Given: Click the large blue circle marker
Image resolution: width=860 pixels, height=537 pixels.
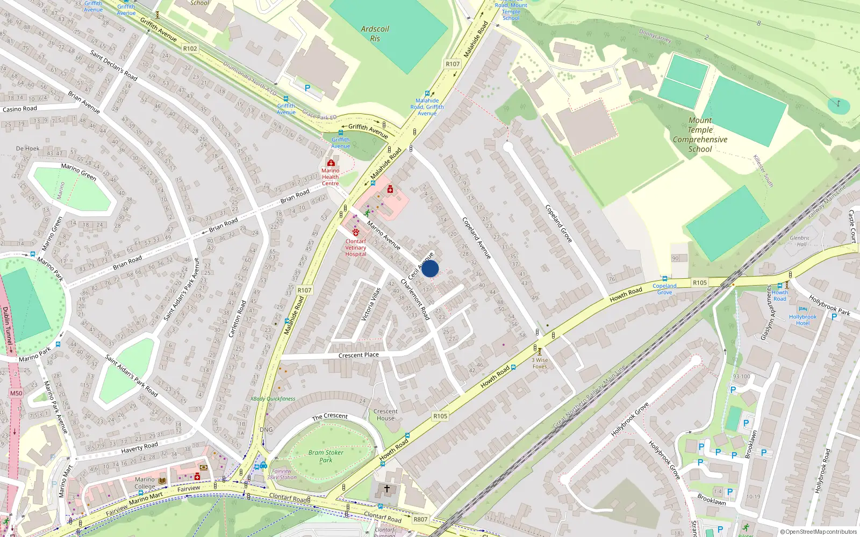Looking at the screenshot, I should pos(430,268).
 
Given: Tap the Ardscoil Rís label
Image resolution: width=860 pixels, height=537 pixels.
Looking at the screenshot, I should pos(375,34).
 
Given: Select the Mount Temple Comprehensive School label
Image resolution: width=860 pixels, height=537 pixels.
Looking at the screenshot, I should pos(700,135).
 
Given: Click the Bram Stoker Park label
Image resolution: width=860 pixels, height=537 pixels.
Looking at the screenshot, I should pos(326,456).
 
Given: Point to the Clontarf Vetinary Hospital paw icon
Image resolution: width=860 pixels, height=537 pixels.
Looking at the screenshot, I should pos(355,233).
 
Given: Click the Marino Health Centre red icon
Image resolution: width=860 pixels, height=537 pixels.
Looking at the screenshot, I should pos(331,163).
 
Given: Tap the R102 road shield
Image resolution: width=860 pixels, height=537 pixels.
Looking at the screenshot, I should pos(190,48).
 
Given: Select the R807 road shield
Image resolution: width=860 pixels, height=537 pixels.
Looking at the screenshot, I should pos(420,519).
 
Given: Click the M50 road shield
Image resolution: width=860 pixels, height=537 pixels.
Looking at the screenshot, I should pos(16,393).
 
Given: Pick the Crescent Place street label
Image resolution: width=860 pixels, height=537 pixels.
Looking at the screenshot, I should pos(359,355).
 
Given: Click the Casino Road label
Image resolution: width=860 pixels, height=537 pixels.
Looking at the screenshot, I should pos(20,109).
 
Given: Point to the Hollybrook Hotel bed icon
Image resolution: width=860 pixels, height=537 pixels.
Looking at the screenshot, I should pos(802,309).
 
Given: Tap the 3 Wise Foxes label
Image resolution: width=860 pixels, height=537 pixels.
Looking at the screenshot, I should pos(540,364).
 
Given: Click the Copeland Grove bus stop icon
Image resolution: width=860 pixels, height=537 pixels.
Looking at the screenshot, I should pos(665,279).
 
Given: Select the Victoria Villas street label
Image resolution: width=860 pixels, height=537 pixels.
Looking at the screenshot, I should pos(371,304).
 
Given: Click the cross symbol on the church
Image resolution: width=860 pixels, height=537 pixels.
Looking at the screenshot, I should pos(386,489).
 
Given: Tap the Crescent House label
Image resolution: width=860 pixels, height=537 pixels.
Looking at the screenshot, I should pos(385,415).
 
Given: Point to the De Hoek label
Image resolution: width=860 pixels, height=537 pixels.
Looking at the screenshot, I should pos(28,149).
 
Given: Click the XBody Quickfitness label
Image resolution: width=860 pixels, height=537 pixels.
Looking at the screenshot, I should pos(273,399).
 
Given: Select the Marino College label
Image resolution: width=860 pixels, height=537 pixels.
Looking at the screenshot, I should pos(145,483).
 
